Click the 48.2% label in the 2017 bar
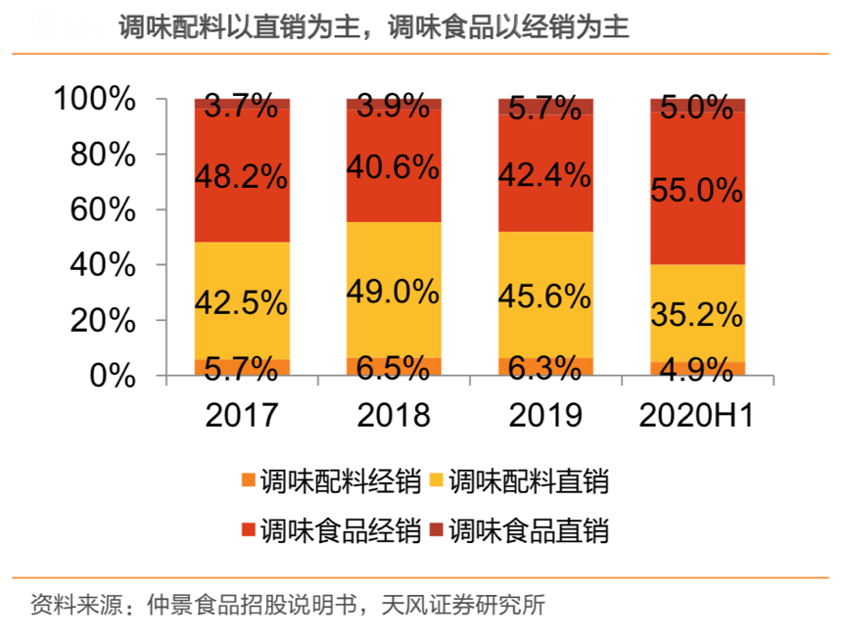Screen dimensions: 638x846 click(x=241, y=177)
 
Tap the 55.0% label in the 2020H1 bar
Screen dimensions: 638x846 click(x=696, y=190)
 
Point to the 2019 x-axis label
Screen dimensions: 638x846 click(x=545, y=415)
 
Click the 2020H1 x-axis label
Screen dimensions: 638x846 click(x=696, y=415)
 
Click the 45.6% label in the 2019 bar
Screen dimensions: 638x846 click(x=545, y=295)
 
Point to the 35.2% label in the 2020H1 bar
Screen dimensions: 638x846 click(x=696, y=314)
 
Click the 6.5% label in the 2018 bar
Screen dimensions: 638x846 click(x=394, y=368)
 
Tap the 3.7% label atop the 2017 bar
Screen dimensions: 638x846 click(x=241, y=106)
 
